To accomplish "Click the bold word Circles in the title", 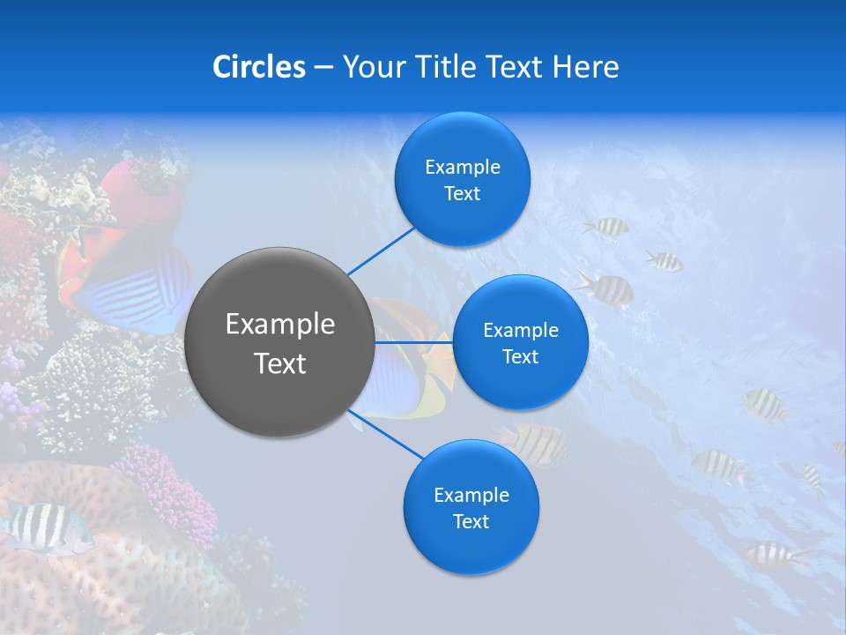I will (x=259, y=67).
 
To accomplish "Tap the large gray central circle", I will (x=279, y=342).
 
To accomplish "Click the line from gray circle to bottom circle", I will (x=384, y=436).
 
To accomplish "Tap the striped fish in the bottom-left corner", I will (x=44, y=527).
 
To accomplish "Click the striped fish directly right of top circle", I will (x=606, y=227).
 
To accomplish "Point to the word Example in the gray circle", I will (x=279, y=325).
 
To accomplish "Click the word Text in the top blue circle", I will (x=462, y=194).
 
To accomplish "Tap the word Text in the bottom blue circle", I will (x=471, y=521).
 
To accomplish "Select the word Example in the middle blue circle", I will (x=520, y=331).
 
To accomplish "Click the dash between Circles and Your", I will (x=323, y=68).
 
